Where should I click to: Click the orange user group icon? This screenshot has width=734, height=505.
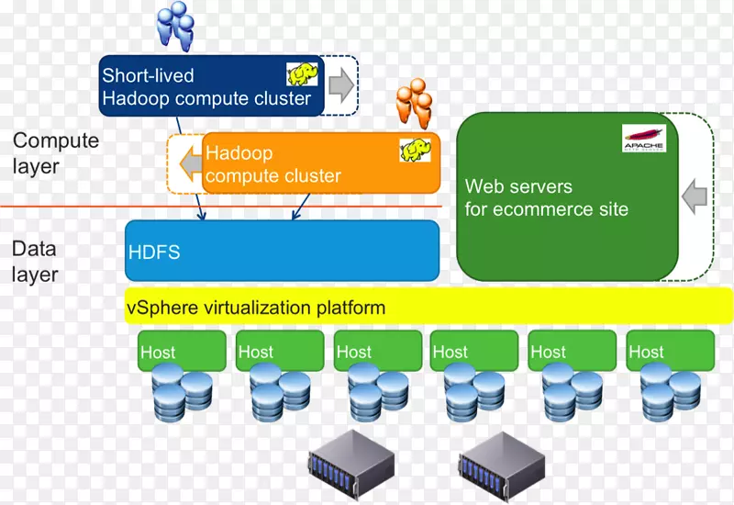415,102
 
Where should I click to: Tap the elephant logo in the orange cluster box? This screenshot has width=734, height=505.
415,150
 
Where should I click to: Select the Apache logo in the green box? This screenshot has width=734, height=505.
644,138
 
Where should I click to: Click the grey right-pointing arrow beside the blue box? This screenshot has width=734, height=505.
341,84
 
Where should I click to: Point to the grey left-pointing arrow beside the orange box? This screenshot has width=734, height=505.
190,163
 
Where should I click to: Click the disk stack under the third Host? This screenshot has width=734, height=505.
375,391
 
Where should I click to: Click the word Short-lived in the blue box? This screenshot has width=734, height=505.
148,75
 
